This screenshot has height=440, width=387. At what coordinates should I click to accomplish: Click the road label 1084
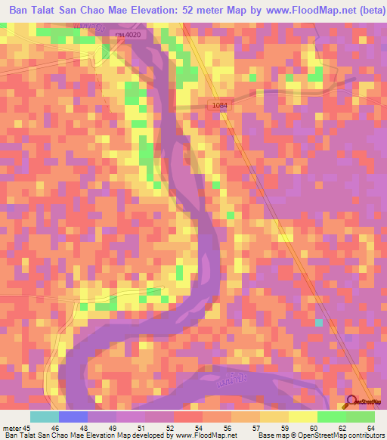(x=219, y=105)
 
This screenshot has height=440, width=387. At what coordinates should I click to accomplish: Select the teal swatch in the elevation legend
(x=45, y=417)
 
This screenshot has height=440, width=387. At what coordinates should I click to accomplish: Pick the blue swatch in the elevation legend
(x=73, y=417)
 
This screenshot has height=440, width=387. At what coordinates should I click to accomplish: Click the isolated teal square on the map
(x=319, y=323)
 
